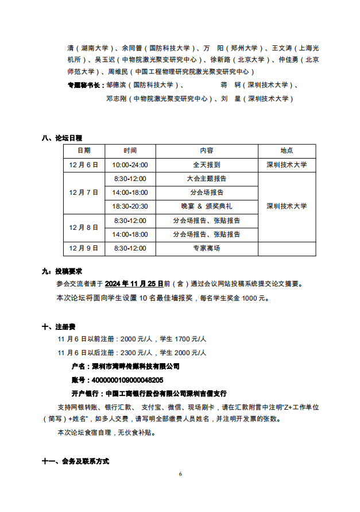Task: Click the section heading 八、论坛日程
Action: [x=62, y=138]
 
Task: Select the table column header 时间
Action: [x=130, y=151]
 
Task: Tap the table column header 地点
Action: [x=287, y=151]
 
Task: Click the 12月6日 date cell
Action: [x=84, y=164]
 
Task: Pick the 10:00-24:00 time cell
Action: [x=130, y=164]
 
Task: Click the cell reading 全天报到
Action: [x=207, y=164]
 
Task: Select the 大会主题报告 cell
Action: [x=207, y=179]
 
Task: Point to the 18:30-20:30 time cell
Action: [x=130, y=206]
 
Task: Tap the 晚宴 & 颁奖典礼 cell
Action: [x=207, y=206]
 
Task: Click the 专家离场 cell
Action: [x=207, y=248]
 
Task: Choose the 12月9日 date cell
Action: [x=84, y=248]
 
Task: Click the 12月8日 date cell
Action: [x=84, y=228]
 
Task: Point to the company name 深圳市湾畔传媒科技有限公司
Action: [x=132, y=366]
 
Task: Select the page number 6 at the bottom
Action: [x=180, y=474]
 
